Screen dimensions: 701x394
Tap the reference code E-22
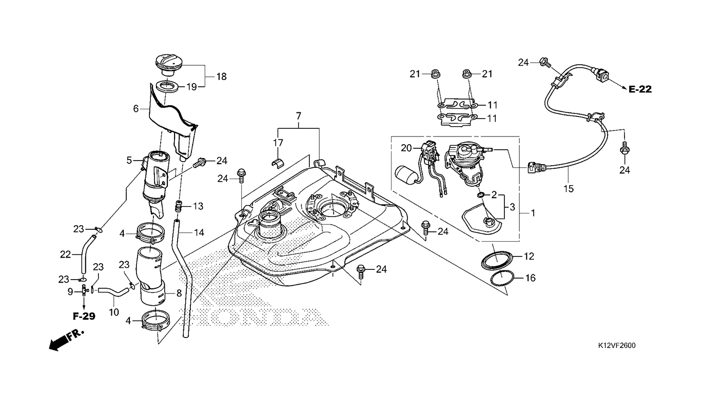coord(640,89)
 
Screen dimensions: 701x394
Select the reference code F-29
coord(84,317)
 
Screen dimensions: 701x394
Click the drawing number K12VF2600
coord(617,345)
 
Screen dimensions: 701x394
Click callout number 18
coord(221,76)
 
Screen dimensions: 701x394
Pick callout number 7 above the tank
coord(298,116)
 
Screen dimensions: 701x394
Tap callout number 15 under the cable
coord(569,189)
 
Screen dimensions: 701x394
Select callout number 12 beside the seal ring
coord(529,257)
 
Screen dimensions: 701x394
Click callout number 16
coord(531,278)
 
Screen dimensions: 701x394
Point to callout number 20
coord(406,148)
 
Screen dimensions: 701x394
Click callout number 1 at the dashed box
coord(533,213)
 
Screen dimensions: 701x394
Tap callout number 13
coord(198,206)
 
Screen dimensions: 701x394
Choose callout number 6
coord(135,109)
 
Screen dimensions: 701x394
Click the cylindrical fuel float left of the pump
coord(405,174)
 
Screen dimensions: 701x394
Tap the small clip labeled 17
coord(278,163)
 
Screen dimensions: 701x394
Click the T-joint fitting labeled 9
coord(84,290)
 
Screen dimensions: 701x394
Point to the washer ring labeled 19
coord(167,87)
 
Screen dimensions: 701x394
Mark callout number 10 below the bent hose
coord(114,312)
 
